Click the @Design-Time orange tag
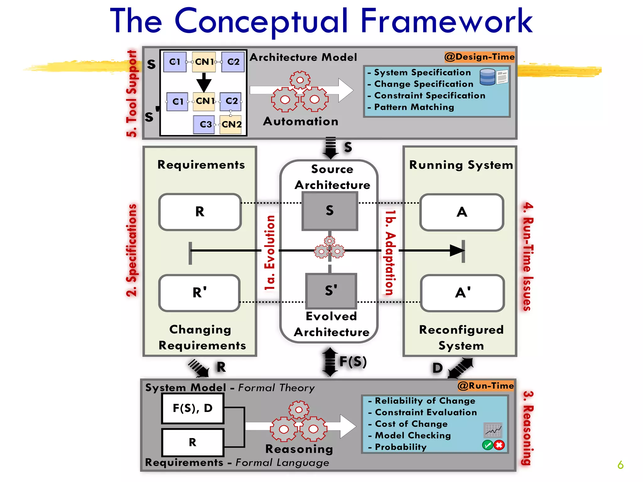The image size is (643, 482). pyautogui.click(x=479, y=57)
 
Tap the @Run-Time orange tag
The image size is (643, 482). pyautogui.click(x=485, y=385)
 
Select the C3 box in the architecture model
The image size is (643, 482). pyautogui.click(x=204, y=125)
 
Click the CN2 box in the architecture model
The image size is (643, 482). pyautogui.click(x=231, y=125)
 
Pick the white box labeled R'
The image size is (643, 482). pyautogui.click(x=200, y=293)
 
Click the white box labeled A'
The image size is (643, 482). pyautogui.click(x=462, y=293)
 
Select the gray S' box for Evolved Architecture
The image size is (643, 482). pyautogui.click(x=331, y=291)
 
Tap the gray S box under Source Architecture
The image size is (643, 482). pyautogui.click(x=330, y=211)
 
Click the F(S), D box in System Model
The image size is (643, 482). pyautogui.click(x=193, y=408)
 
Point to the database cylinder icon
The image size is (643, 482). pyautogui.click(x=487, y=77)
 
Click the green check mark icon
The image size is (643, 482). pyautogui.click(x=487, y=445)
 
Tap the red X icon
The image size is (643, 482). pyautogui.click(x=499, y=445)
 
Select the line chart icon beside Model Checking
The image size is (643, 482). pyautogui.click(x=493, y=430)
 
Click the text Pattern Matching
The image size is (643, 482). pyautogui.click(x=414, y=107)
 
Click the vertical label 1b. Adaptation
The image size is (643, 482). pyautogui.click(x=390, y=253)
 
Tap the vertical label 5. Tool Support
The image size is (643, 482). pyautogui.click(x=132, y=94)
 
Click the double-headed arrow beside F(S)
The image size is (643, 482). pyautogui.click(x=330, y=362)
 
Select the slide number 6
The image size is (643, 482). pyautogui.click(x=620, y=465)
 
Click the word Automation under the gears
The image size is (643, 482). pyautogui.click(x=300, y=121)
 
